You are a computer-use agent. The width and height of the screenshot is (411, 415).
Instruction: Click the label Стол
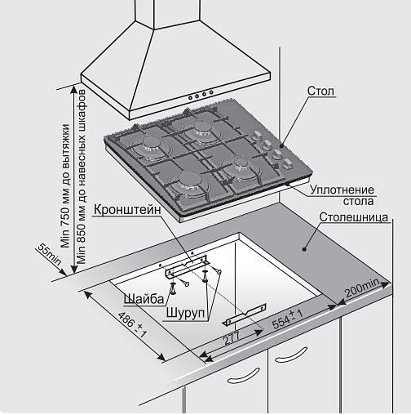pos(320,91)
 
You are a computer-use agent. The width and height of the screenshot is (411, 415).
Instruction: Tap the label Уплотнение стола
pos(342,195)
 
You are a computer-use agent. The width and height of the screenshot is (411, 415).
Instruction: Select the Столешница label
pos(353,217)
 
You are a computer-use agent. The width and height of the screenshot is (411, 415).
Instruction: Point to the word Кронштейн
pos(127,210)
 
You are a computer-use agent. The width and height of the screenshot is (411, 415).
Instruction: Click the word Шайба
pos(144,299)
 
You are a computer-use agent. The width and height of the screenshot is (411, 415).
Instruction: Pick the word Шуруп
pos(185,313)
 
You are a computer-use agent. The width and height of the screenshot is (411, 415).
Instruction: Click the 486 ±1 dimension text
pos(132,324)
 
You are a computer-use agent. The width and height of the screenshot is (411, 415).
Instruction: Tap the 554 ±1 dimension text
pos(288,319)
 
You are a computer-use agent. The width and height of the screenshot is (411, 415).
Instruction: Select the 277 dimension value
pos(232,337)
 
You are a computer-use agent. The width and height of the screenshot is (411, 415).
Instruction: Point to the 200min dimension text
pos(362,288)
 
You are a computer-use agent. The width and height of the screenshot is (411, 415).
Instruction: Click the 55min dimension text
pos(49,254)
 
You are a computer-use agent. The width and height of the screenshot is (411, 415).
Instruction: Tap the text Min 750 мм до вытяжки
pos(65,185)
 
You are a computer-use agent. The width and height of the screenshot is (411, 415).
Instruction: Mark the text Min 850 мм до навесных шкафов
pos(82,176)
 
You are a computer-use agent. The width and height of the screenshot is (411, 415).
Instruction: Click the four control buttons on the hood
pos(201,95)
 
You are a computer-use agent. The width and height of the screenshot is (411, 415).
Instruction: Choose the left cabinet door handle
pos(243,376)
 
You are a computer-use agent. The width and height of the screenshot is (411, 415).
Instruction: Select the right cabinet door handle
pos(291,355)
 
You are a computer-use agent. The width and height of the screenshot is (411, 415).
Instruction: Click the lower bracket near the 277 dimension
pos(244,314)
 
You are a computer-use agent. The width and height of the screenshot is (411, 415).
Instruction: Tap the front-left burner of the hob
pos(189,182)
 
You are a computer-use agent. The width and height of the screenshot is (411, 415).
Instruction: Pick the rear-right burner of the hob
pos(201,129)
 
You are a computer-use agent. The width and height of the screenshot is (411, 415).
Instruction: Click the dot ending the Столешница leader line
pos(304,249)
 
